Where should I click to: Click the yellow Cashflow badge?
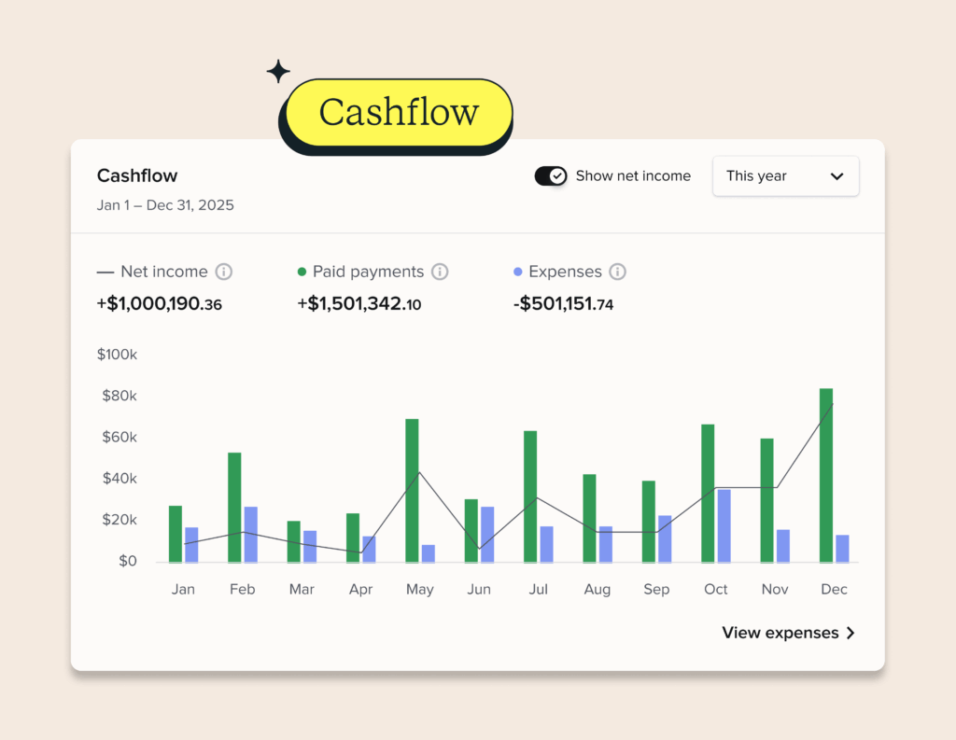(x=398, y=113)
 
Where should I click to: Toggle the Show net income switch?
(x=550, y=175)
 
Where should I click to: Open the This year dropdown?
(x=785, y=175)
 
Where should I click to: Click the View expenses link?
(x=789, y=633)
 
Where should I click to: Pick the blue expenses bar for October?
(x=724, y=525)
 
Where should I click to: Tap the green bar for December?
(x=826, y=475)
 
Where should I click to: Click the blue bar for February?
(x=250, y=534)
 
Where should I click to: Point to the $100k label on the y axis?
(x=117, y=355)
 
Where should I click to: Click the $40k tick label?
(x=119, y=479)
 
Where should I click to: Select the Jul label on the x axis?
(x=538, y=589)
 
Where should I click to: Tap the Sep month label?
(x=656, y=589)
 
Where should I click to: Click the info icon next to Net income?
(x=223, y=272)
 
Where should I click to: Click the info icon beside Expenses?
(x=617, y=272)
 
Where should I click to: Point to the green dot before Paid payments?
(x=302, y=272)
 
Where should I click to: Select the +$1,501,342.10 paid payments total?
(x=359, y=303)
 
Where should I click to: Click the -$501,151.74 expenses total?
(x=563, y=303)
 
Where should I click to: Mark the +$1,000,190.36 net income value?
(x=160, y=303)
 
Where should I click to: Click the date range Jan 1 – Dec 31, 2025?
(x=165, y=205)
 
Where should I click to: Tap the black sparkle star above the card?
(x=278, y=71)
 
